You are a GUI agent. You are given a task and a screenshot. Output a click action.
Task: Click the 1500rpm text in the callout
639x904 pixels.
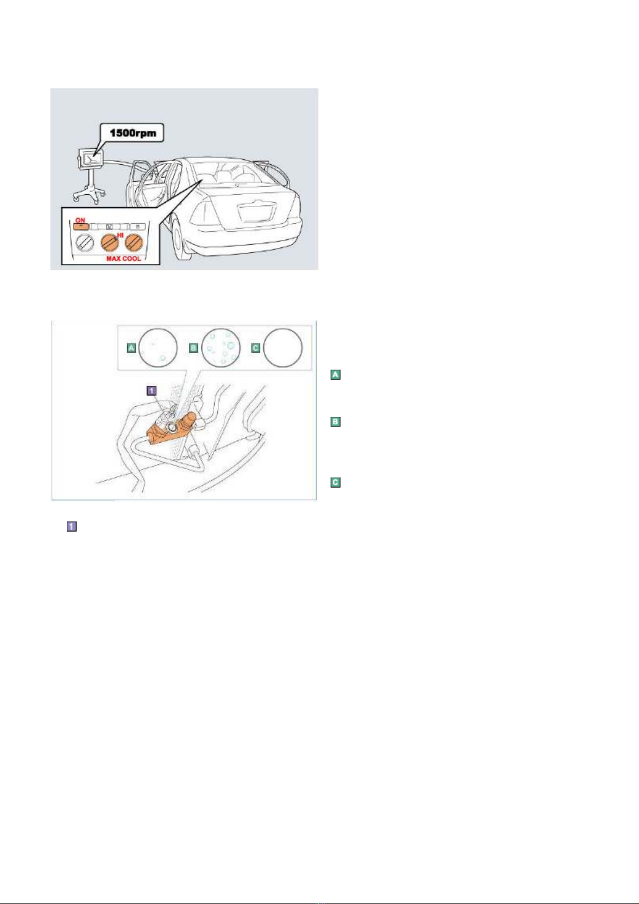133,133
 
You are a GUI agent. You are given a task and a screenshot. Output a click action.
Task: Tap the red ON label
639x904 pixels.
80,220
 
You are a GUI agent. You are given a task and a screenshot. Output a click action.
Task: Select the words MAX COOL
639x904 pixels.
123,258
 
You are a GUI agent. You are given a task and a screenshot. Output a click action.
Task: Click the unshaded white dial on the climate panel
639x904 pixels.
85,244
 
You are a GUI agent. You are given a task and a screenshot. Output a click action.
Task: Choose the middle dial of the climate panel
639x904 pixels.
110,244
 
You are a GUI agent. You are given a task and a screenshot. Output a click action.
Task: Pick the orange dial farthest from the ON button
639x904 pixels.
135,244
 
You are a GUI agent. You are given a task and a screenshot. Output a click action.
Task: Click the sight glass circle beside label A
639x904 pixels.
158,348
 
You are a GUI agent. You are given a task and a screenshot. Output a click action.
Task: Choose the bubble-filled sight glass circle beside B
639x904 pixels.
221,348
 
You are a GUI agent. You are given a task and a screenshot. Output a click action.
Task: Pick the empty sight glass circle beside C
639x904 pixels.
283,348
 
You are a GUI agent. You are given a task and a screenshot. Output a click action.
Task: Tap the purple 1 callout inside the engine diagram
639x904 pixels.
151,391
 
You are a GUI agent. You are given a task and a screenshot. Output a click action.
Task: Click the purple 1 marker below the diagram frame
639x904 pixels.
71,526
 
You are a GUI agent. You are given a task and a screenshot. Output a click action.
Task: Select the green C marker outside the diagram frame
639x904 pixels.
335,482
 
